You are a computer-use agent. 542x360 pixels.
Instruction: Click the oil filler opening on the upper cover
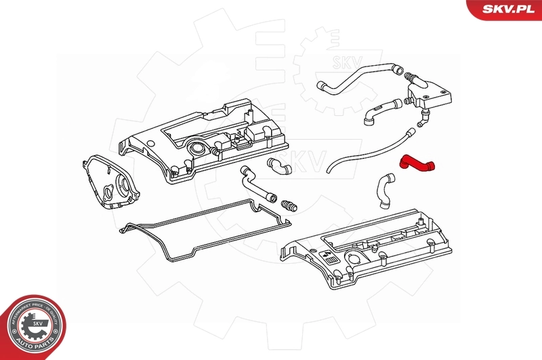pos(196,148)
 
